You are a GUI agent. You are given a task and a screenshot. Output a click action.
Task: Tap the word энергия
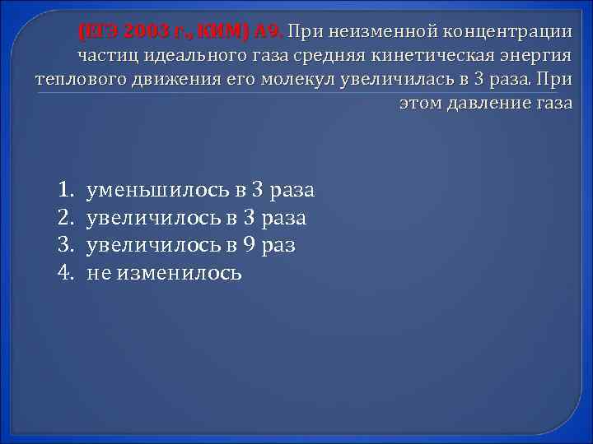click(x=534, y=56)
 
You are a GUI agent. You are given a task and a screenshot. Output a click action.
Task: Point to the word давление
click(x=494, y=104)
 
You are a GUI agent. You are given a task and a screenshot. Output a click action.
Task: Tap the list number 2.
click(x=67, y=218)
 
